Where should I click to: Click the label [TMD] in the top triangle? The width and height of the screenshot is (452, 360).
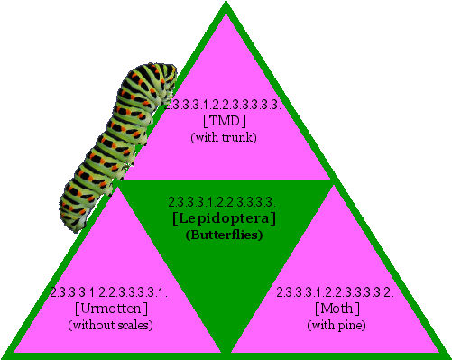[x=225, y=121]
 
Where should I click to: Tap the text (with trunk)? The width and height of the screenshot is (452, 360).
[x=225, y=137]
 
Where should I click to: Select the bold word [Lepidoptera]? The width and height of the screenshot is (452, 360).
[x=224, y=217]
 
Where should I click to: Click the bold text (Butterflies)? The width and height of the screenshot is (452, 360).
[x=224, y=235]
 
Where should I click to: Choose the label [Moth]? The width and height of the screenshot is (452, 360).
[x=336, y=309]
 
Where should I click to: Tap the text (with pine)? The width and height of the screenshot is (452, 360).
[x=336, y=325]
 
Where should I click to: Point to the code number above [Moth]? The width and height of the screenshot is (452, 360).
[x=335, y=292]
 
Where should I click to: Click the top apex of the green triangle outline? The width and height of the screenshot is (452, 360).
[x=226, y=5]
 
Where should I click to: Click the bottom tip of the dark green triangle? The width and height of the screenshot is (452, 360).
[x=226, y=350]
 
